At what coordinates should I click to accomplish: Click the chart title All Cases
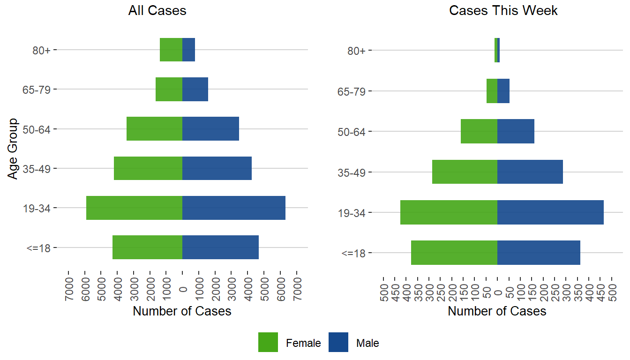click(157, 11)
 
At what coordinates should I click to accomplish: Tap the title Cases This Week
click(503, 11)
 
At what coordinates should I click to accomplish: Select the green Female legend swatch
click(268, 343)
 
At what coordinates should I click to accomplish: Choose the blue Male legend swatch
click(338, 343)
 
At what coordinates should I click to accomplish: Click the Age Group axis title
click(13, 149)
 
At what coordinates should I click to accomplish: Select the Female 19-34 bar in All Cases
click(134, 208)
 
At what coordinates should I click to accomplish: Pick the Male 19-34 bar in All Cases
click(233, 208)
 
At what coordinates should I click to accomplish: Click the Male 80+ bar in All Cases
click(188, 50)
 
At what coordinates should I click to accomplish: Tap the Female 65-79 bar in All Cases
click(169, 89)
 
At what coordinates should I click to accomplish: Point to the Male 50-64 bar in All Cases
click(210, 129)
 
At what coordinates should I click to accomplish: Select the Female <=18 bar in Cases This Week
click(454, 253)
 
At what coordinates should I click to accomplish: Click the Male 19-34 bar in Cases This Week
click(550, 212)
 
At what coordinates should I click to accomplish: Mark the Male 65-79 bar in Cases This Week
click(503, 91)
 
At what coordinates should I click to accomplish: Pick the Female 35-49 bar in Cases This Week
click(465, 172)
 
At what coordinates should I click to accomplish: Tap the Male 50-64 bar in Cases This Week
click(516, 131)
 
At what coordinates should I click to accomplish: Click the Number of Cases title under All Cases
click(182, 311)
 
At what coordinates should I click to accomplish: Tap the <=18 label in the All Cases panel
click(38, 247)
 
